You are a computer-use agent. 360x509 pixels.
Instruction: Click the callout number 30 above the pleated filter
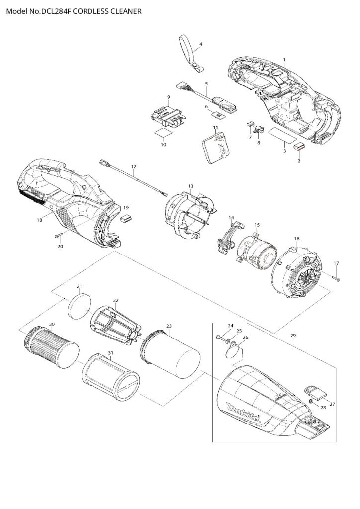pyautogui.click(x=52, y=324)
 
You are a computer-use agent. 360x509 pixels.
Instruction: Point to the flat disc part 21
pyautogui.click(x=80, y=304)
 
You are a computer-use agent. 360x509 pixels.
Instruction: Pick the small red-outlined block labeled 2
pyautogui.click(x=299, y=147)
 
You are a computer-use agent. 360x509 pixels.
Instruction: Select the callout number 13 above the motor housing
pyautogui.click(x=190, y=186)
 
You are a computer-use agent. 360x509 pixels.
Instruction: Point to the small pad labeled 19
pyautogui.click(x=125, y=217)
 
